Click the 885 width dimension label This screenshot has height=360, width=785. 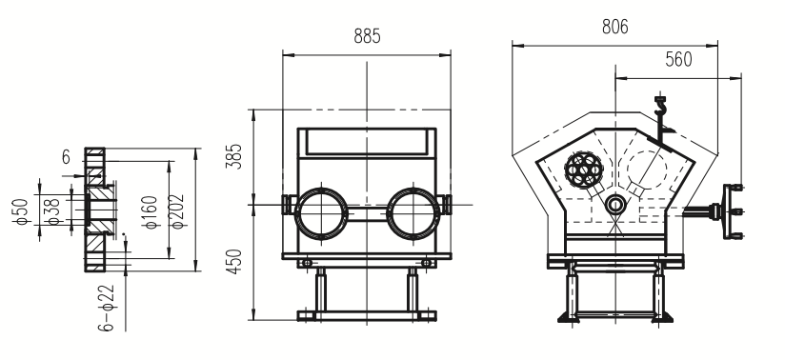pos(367,36)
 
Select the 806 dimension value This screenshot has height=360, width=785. pos(614,27)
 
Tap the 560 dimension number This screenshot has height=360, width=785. pos(678,60)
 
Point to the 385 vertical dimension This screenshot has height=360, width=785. pos(234,156)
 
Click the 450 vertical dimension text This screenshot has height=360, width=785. pos(234,261)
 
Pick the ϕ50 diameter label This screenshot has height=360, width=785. pos(21,211)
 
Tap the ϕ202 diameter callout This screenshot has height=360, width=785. pos(177,211)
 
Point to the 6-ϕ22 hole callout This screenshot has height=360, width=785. pos(106,308)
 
